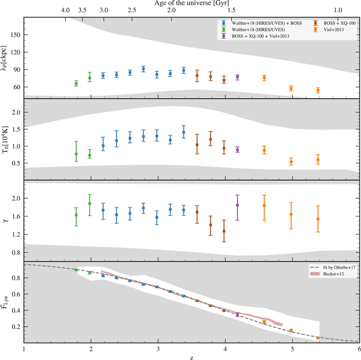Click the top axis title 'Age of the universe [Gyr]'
[191, 3]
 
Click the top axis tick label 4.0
[66, 10]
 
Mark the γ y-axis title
[5, 221]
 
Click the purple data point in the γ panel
[237, 205]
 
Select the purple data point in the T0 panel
[237, 150]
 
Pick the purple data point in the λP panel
[237, 77]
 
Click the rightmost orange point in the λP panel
[318, 91]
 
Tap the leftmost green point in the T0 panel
[76, 154]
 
